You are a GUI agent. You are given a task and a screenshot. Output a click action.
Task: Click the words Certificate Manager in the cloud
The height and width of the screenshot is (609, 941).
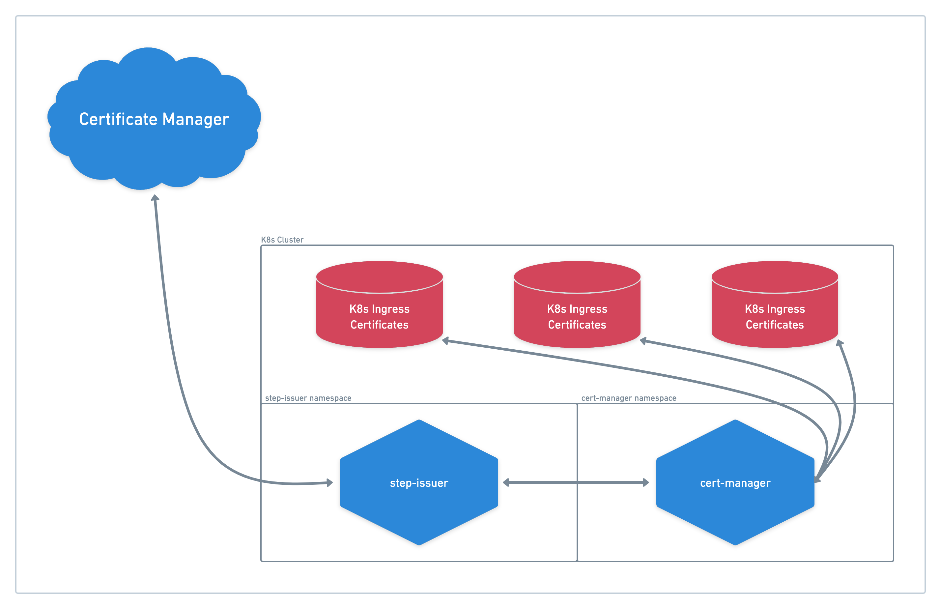point(154,119)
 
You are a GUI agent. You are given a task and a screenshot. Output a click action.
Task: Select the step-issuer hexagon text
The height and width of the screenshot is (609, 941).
point(419,483)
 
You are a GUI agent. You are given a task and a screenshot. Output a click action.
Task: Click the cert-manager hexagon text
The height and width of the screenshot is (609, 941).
point(735,483)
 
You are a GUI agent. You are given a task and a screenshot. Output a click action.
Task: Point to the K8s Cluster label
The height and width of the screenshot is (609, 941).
point(282,240)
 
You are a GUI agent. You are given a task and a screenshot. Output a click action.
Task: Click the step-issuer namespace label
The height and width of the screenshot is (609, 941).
point(308,398)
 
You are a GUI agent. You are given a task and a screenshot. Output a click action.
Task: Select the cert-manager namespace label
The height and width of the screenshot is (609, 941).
point(629,398)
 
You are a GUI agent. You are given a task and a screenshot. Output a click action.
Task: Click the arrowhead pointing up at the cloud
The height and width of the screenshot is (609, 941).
point(155,198)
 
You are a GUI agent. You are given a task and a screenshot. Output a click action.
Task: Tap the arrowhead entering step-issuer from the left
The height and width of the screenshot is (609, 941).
point(329,482)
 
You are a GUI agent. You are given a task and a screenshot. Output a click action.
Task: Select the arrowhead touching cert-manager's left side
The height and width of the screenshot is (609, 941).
point(646,482)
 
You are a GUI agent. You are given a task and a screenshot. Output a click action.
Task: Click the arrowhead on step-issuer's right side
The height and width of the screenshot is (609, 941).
point(506,482)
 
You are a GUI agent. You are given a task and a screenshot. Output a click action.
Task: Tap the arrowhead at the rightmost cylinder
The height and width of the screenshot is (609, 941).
point(840,343)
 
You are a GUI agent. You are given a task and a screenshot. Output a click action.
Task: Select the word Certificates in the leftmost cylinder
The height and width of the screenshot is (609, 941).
point(379,325)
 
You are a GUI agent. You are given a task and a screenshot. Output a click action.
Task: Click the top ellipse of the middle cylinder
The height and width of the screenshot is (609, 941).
point(577,277)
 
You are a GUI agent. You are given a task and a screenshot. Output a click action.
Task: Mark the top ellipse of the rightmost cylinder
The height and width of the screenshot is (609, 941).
point(775,277)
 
